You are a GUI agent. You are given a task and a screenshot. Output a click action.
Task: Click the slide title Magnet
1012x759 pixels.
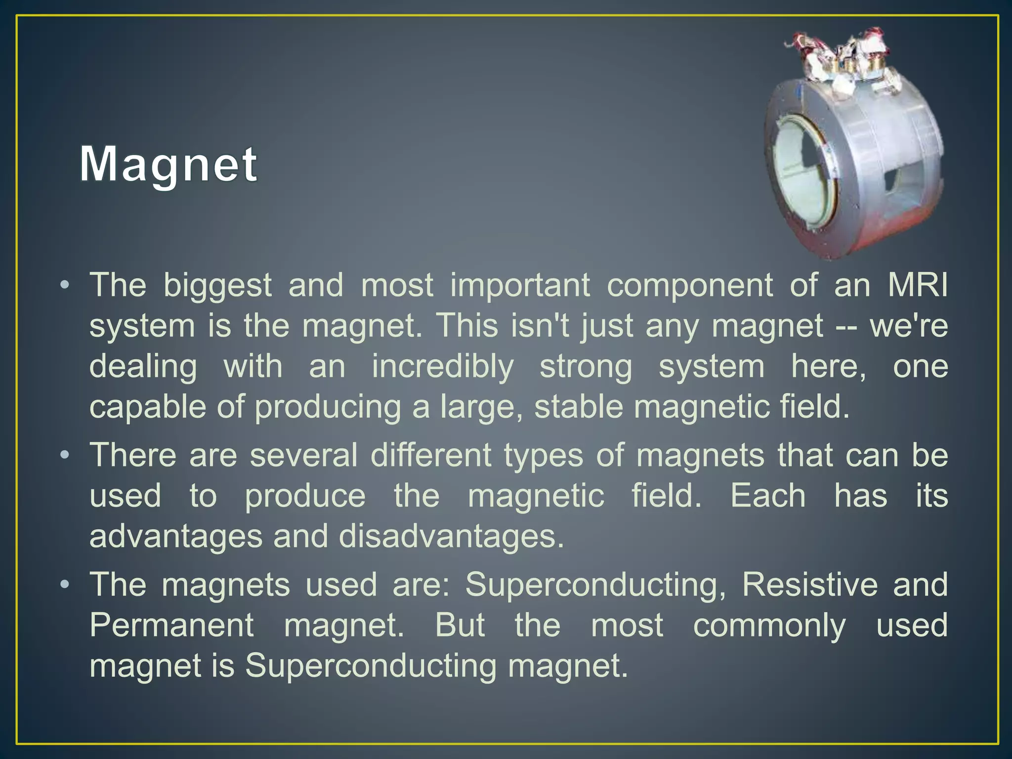168,165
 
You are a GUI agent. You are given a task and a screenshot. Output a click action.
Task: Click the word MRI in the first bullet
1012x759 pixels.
918,285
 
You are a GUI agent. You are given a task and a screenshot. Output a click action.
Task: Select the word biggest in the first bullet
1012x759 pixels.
217,286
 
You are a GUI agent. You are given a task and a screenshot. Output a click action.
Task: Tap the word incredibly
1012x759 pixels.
443,367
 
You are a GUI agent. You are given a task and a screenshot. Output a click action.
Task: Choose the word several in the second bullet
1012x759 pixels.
303,455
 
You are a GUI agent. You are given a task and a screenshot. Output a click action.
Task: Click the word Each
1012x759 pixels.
768,496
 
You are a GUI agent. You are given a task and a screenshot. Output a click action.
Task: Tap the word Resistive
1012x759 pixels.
809,585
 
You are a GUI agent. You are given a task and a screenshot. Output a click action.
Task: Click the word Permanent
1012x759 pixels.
171,625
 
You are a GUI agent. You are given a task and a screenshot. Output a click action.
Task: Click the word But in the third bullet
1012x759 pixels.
460,625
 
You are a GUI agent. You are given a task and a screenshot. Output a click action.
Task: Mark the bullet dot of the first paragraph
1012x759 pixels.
64,286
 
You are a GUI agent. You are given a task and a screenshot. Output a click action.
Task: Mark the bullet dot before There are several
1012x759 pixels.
64,455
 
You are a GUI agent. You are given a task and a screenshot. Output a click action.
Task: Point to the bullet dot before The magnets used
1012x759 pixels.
64,585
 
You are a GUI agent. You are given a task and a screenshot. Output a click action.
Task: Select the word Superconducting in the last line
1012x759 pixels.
371,666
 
